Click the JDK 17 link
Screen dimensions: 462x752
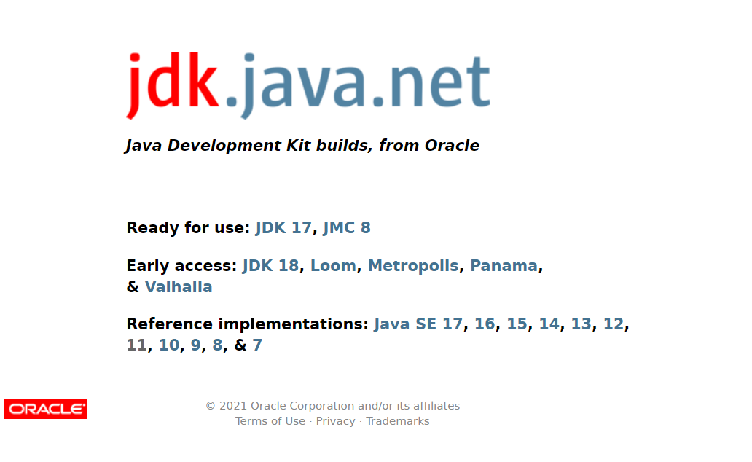click(283, 228)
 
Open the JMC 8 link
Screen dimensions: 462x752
click(346, 228)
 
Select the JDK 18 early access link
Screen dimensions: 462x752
click(270, 266)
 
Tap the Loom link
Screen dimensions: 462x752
click(333, 266)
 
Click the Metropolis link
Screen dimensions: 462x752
click(412, 266)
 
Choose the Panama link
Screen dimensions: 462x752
click(504, 266)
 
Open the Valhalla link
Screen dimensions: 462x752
click(179, 287)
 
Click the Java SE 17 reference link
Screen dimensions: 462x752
click(418, 324)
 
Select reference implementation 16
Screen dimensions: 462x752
click(485, 324)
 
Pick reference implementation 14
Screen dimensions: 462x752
click(549, 324)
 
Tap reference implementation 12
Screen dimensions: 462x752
click(613, 324)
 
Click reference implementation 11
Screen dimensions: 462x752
click(136, 345)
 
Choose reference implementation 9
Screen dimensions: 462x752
click(195, 345)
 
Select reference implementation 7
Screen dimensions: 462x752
click(257, 345)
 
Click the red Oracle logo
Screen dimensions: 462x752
click(46, 409)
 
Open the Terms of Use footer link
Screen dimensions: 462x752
click(270, 421)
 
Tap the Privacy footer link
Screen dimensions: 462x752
click(335, 421)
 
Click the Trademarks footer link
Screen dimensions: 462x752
click(397, 421)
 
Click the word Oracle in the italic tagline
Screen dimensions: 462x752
click(452, 146)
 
